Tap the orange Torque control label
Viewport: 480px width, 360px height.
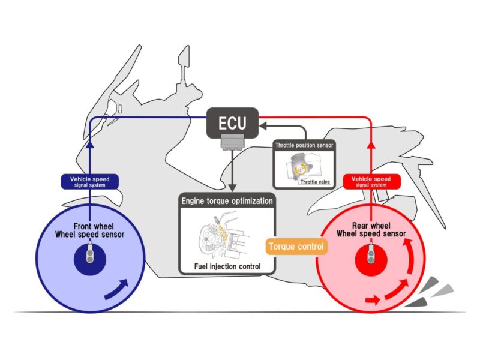pyautogui.click(x=296, y=246)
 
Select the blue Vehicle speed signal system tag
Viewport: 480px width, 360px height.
pyautogui.click(x=90, y=182)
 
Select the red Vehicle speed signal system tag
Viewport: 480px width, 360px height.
pyautogui.click(x=370, y=182)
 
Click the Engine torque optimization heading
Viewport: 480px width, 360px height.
pyautogui.click(x=227, y=200)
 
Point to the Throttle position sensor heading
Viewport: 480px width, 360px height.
pyautogui.click(x=304, y=145)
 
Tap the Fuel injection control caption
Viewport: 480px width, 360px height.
pyautogui.click(x=227, y=266)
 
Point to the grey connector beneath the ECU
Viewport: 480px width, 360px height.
pyautogui.click(x=232, y=143)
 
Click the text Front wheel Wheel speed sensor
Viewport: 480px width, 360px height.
pyautogui.click(x=90, y=230)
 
